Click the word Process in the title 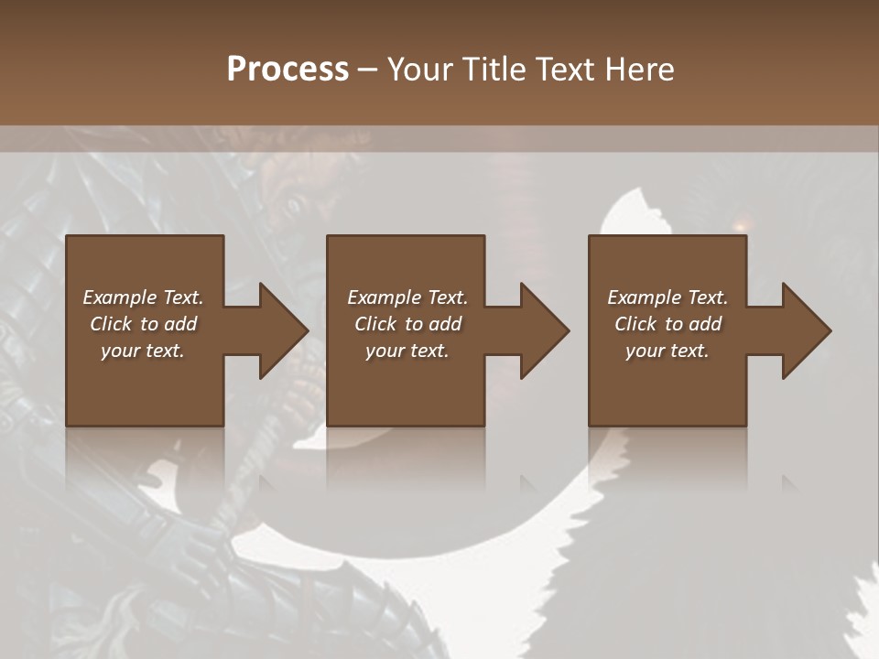click(x=288, y=70)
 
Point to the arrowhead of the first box click(x=284, y=330)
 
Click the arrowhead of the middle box click(x=545, y=330)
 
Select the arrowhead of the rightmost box click(x=807, y=330)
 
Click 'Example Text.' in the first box click(x=143, y=297)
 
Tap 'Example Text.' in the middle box click(x=407, y=297)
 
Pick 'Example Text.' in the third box click(x=667, y=297)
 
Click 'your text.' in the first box click(x=143, y=351)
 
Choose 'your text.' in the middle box click(x=407, y=351)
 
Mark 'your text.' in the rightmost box click(x=667, y=351)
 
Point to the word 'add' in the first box click(x=180, y=324)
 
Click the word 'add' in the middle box click(x=445, y=324)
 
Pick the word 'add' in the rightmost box click(x=705, y=324)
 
